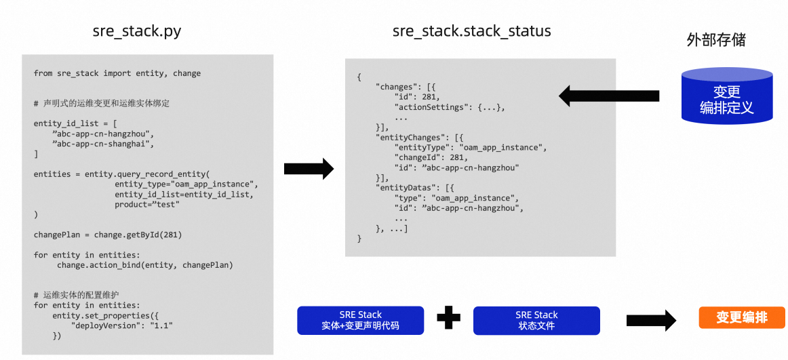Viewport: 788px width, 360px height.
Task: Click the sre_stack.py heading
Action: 137,32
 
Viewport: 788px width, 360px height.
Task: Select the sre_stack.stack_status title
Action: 471,31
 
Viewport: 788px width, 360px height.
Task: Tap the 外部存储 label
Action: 716,41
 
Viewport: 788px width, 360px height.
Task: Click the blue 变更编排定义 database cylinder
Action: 727,97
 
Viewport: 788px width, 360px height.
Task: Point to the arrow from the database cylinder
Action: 609,96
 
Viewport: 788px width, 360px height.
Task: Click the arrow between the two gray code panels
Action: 309,168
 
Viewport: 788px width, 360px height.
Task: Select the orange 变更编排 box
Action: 742,317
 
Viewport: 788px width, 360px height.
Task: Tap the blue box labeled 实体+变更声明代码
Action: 360,320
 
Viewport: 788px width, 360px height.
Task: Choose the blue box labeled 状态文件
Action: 536,320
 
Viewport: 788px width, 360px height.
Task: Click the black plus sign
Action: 449,319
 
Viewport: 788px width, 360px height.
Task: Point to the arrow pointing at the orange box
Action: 652,320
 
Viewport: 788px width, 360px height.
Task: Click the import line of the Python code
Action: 117,73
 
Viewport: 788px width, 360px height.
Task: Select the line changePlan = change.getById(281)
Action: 108,235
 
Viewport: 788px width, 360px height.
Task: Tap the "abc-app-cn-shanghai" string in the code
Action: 103,144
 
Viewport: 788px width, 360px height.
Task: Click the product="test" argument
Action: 146,204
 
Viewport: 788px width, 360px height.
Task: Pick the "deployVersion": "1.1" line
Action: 122,325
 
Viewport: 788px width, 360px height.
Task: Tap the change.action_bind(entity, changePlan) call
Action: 145,265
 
